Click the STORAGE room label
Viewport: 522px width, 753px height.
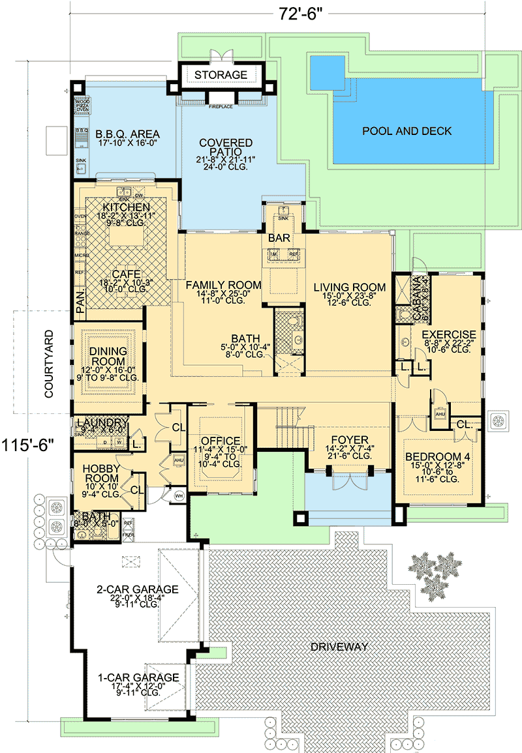click(x=221, y=75)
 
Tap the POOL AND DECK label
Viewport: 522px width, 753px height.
click(x=407, y=131)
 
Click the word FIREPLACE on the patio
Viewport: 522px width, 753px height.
click(x=221, y=106)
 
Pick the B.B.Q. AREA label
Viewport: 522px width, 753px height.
click(x=119, y=135)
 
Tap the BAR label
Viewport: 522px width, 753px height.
click(x=279, y=239)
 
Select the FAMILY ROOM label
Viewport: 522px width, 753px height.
click(x=223, y=285)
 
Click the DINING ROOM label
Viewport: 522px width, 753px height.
click(x=109, y=357)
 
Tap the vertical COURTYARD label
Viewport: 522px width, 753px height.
click(x=49, y=362)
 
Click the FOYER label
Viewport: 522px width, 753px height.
click(x=350, y=439)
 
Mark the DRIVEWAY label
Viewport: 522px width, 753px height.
click(x=339, y=647)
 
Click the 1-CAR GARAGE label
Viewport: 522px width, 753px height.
click(x=138, y=677)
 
